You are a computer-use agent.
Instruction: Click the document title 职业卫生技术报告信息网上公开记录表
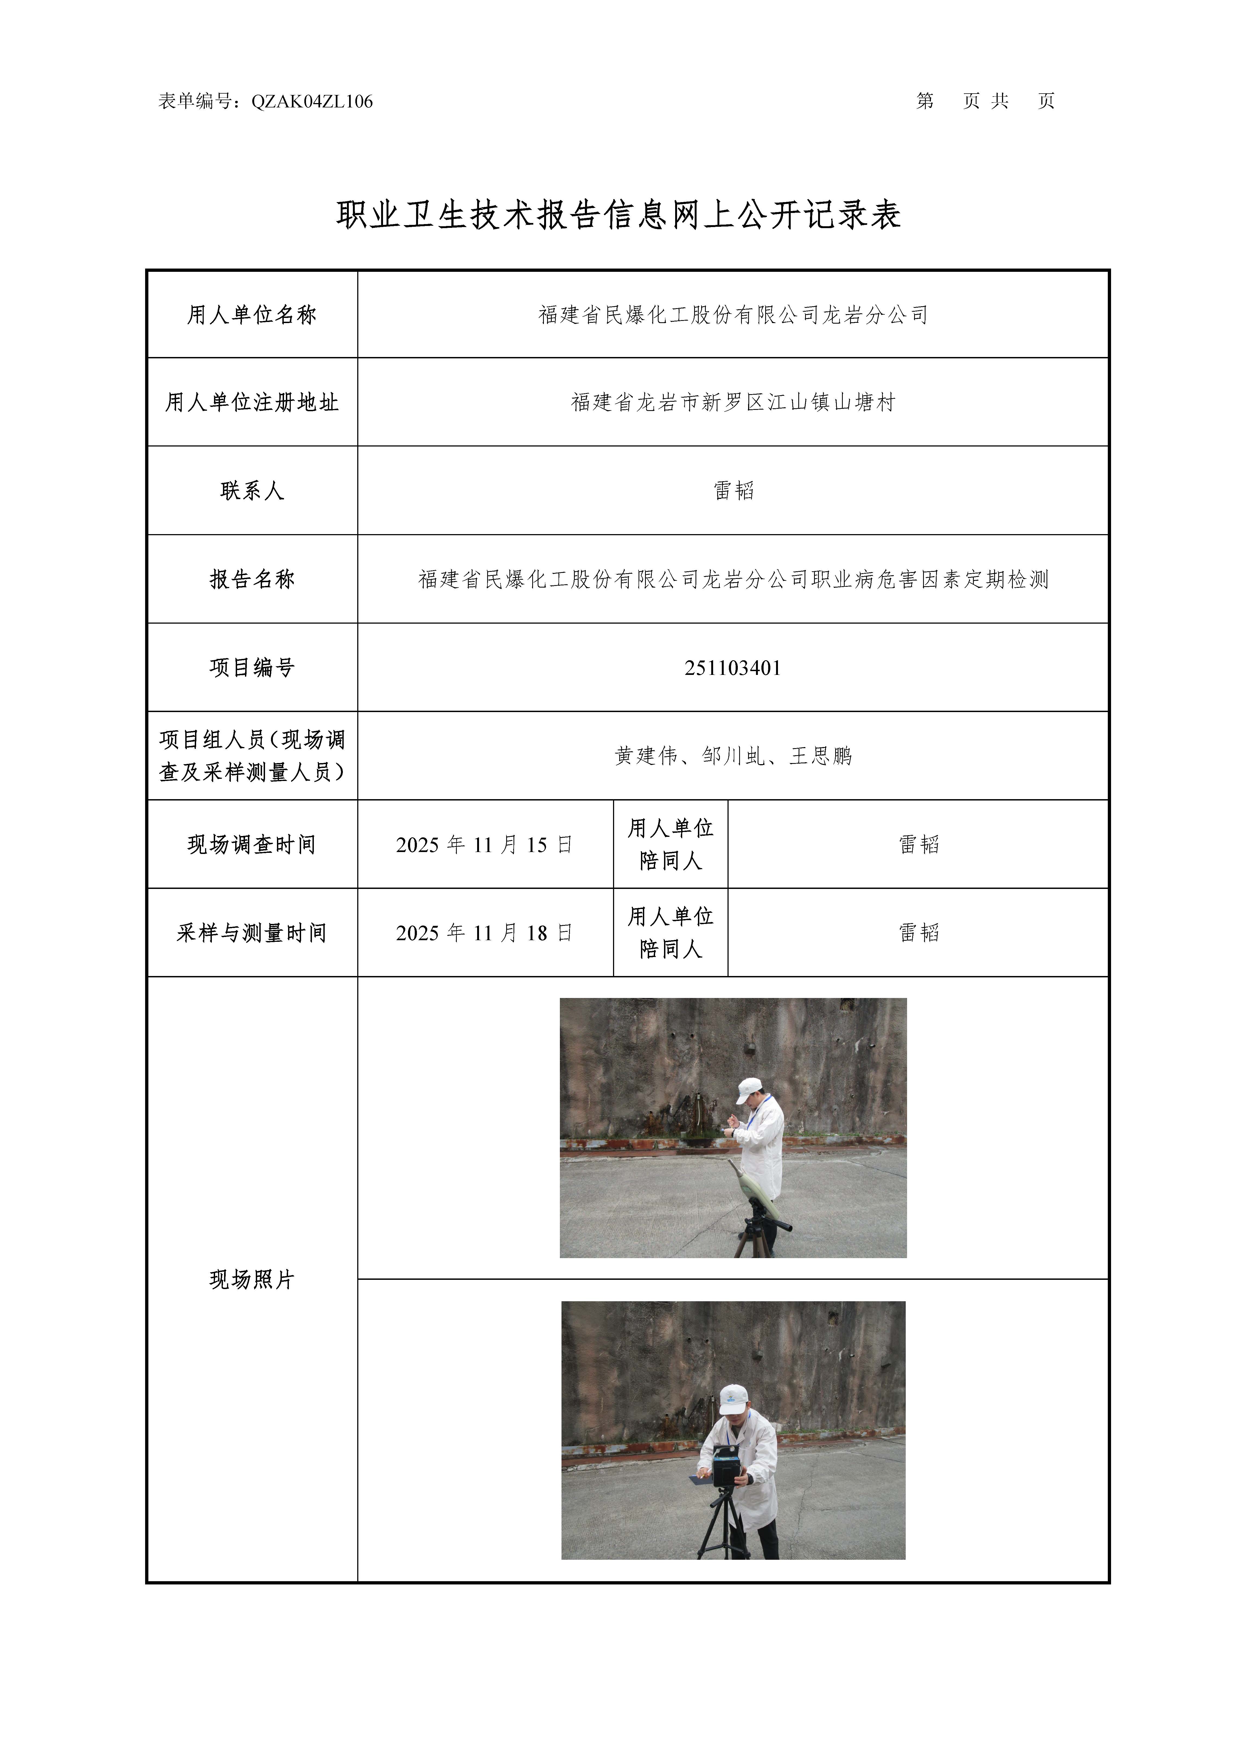coord(619,215)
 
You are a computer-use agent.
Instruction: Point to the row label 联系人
coord(252,490)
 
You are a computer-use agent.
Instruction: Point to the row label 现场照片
coord(252,1280)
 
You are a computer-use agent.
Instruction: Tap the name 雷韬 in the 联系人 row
coord(733,490)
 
